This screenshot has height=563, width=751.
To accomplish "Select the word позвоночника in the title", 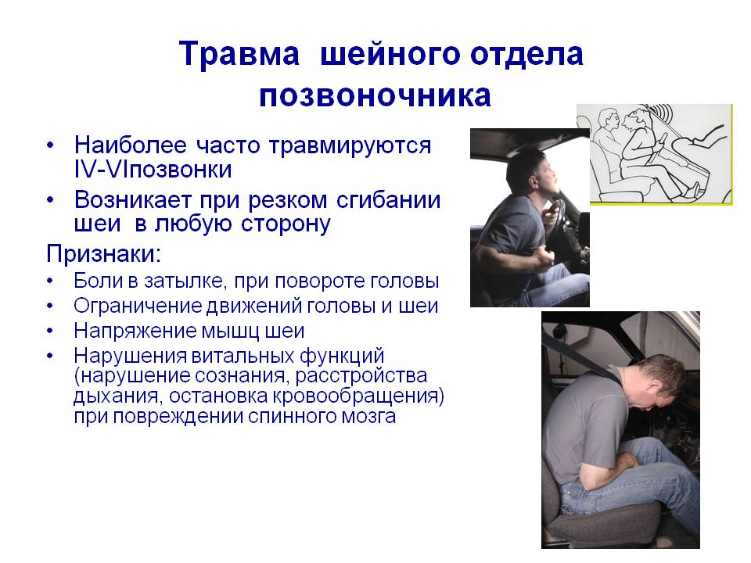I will tap(375, 95).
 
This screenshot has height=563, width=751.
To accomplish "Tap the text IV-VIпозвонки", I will tap(153, 168).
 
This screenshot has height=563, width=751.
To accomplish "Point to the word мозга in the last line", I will tap(367, 416).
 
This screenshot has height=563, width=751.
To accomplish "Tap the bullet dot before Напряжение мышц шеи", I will tap(51, 331).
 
